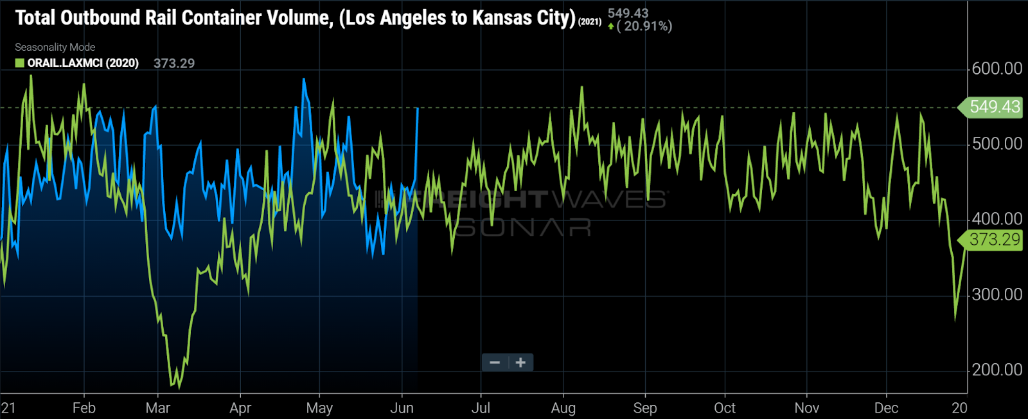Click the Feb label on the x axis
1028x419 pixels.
coord(84,408)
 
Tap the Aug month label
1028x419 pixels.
coord(563,408)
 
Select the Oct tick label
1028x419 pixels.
coord(724,408)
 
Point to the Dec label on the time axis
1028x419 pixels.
coord(886,408)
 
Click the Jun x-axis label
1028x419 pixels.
coord(402,408)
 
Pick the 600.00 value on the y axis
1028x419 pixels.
coord(997,69)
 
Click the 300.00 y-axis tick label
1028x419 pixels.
coord(997,295)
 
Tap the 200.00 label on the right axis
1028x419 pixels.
coord(997,370)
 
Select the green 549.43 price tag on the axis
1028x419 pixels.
coord(993,107)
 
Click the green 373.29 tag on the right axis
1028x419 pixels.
coord(993,240)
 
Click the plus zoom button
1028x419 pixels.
coord(520,362)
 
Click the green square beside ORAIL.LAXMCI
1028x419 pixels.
coord(20,63)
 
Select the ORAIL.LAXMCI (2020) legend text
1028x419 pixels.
coord(83,63)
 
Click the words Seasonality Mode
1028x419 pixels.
coord(55,47)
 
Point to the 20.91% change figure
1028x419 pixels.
coord(648,26)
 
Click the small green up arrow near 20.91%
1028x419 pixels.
coord(610,26)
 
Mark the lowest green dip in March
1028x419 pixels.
coord(173,386)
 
